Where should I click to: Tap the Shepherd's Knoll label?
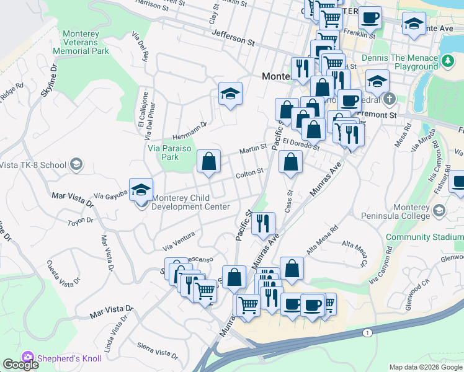click(x=61, y=358)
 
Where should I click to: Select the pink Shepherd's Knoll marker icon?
click(x=27, y=358)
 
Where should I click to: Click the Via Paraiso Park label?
click(x=164, y=153)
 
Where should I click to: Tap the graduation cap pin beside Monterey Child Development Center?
click(x=141, y=190)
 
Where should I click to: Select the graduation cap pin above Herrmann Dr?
click(x=230, y=94)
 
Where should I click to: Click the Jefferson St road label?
click(x=233, y=39)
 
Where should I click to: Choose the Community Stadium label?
click(x=424, y=237)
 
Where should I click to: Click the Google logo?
click(x=20, y=365)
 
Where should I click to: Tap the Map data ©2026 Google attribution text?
click(x=426, y=367)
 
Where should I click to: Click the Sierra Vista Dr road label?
click(x=158, y=351)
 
